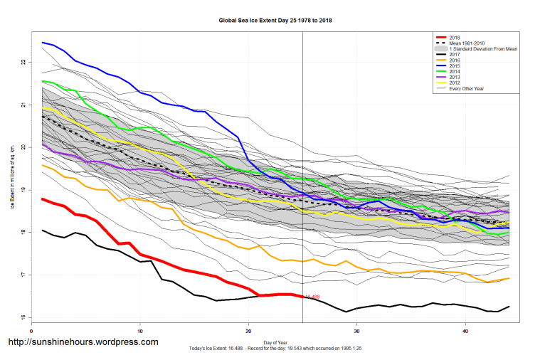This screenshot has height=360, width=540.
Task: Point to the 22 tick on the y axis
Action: point(23,63)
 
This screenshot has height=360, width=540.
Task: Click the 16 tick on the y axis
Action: point(23,318)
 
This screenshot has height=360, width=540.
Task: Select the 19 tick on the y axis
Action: point(23,190)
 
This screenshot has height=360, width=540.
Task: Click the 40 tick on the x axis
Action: point(465,331)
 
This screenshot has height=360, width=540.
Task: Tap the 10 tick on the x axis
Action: point(140,331)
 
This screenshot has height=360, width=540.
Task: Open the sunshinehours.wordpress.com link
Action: point(83,342)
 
